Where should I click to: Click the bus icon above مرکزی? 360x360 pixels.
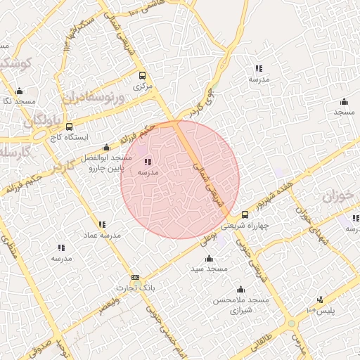(x=143, y=75)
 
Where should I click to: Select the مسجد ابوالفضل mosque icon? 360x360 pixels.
(x=106, y=147)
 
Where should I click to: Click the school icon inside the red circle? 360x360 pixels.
(x=147, y=162)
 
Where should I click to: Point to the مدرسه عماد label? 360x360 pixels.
(x=103, y=235)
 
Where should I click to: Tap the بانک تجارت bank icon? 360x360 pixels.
(x=135, y=278)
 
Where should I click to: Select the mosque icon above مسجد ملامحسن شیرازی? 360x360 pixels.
(x=241, y=289)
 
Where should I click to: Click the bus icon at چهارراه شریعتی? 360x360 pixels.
(x=245, y=214)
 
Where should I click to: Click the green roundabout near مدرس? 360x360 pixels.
(x=291, y=323)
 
